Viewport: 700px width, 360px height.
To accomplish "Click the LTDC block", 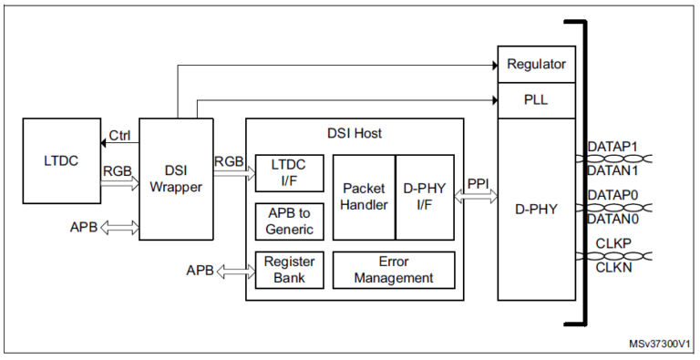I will [60, 161].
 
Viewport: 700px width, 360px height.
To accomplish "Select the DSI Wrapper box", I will [174, 179].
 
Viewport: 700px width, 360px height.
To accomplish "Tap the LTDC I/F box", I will [288, 171].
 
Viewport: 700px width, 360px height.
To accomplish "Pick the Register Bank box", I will [288, 269].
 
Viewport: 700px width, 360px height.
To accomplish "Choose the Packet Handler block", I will [364, 197].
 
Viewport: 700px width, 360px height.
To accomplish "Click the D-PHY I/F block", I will [424, 197].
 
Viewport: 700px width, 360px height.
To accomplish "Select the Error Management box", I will [394, 269].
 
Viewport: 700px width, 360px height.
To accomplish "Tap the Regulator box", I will [536, 65].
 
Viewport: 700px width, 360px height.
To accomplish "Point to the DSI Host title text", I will [355, 133].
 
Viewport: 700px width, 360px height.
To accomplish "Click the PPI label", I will [479, 184].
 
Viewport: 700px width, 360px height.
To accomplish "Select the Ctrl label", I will [120, 136].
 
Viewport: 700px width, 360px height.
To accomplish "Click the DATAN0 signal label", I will [612, 219].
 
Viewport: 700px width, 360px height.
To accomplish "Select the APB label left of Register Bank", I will [201, 271].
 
